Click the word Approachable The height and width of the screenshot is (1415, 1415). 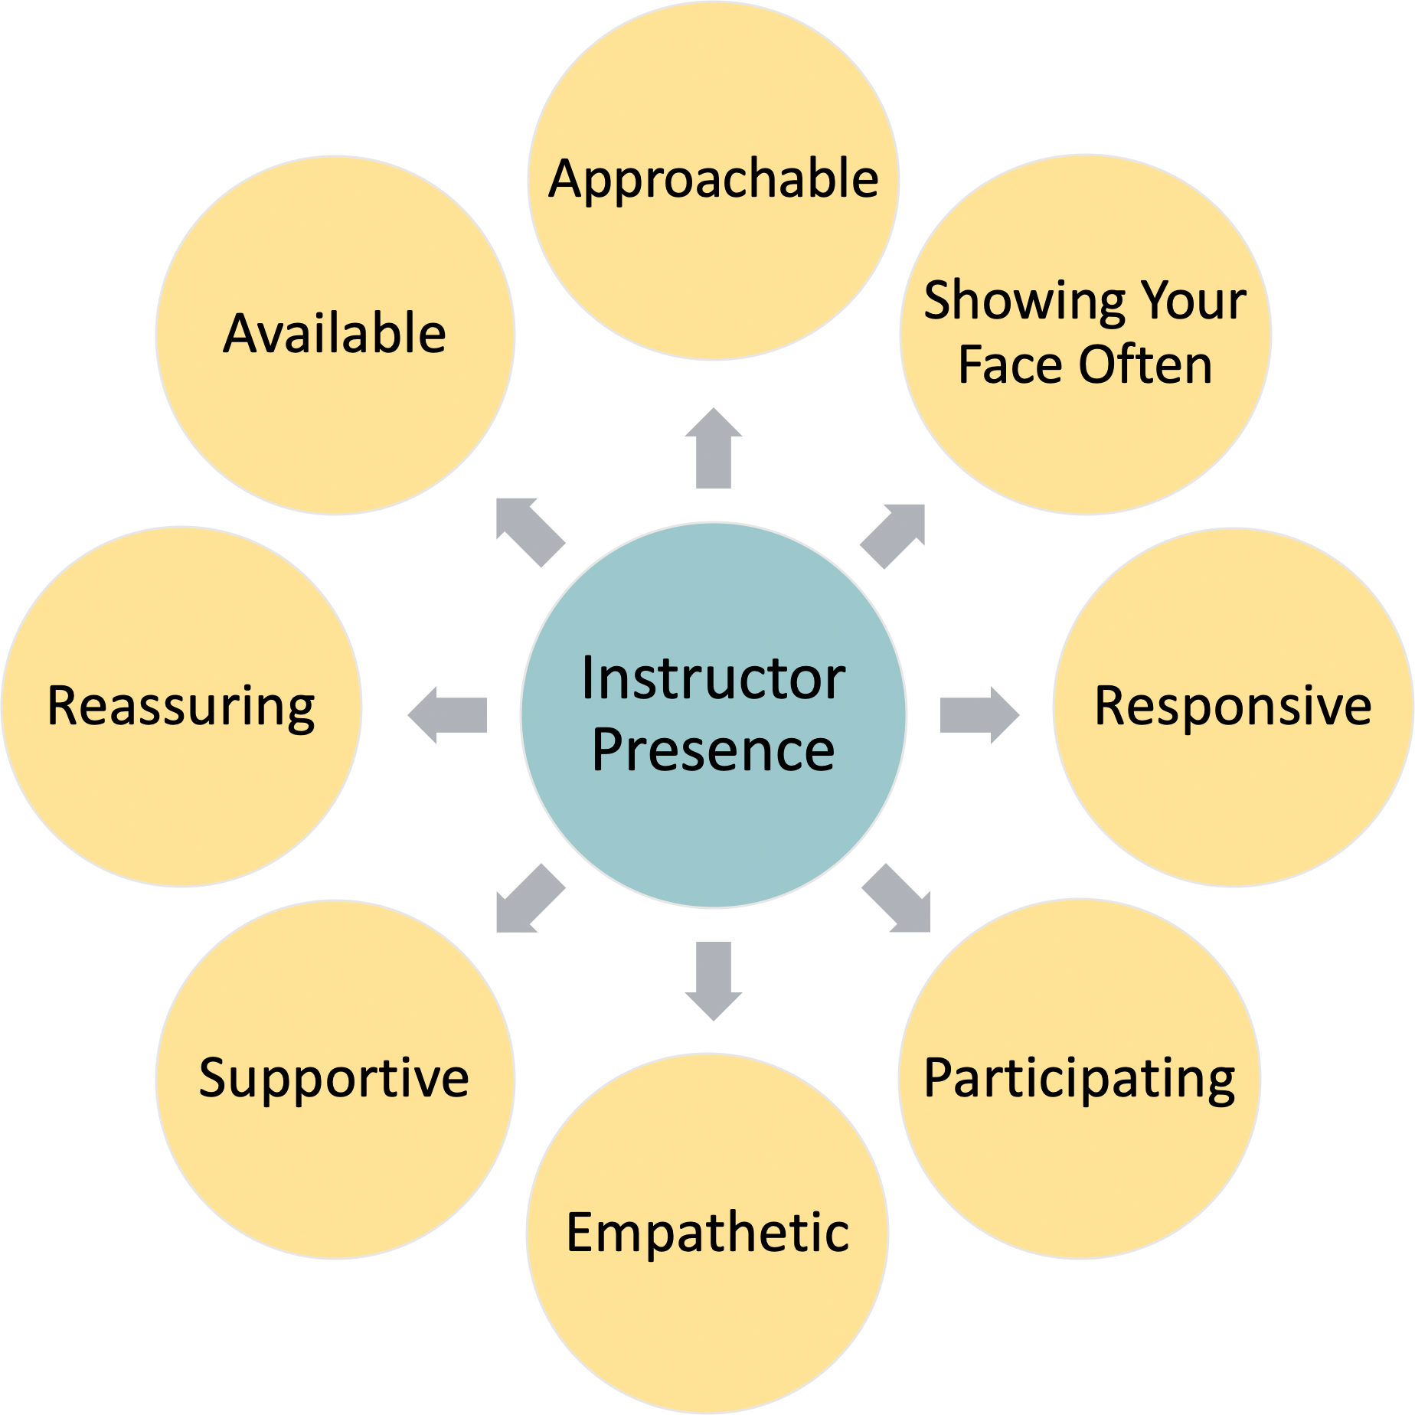pos(714,179)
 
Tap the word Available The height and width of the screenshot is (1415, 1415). pos(335,334)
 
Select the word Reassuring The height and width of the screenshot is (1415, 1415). pos(181,706)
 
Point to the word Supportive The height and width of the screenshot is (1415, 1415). pos(334,1078)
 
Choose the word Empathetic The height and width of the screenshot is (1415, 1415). pos(707,1233)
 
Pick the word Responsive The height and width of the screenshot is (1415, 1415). pos(1233,706)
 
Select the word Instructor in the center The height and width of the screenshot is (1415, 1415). pos(714,678)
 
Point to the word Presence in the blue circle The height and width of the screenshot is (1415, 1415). pos(714,750)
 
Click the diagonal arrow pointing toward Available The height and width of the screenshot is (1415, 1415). pos(528,531)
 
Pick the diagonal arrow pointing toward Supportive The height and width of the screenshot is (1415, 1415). pos(528,899)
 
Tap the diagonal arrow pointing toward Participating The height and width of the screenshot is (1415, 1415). pos(897,899)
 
